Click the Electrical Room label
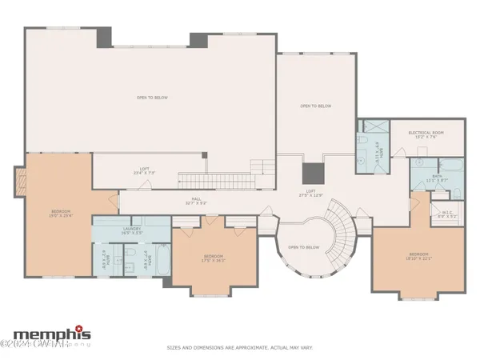pyautogui.click(x=426, y=134)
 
